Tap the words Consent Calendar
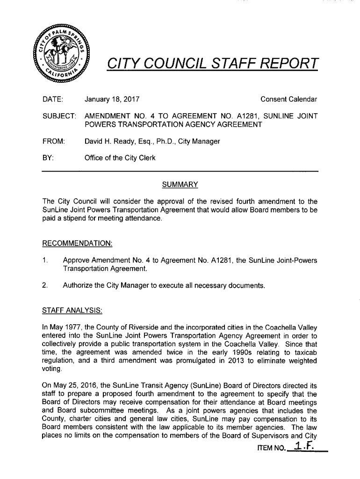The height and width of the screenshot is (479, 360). [x=288, y=99]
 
